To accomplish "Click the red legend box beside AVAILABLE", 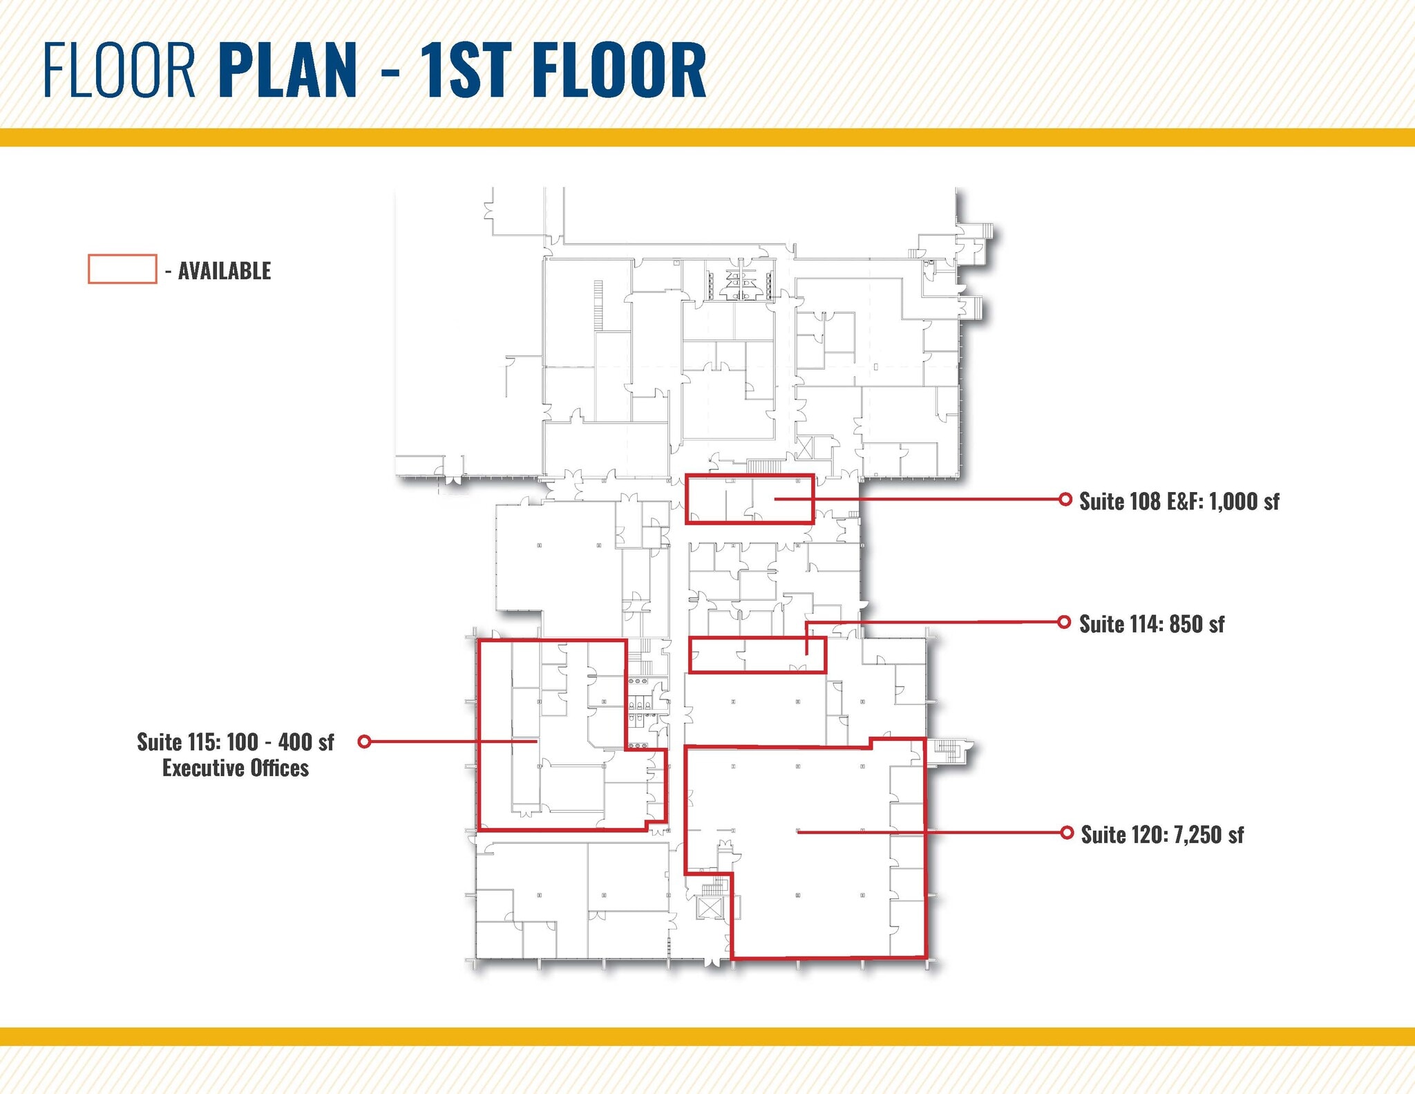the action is (122, 269).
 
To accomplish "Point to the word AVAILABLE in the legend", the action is (225, 271).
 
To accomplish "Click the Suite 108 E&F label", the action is (1141, 501).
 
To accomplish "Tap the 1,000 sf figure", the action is (1244, 501).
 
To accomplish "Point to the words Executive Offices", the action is (236, 768).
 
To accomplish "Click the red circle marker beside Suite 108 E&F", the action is (1065, 499).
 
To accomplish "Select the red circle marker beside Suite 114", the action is (1065, 622).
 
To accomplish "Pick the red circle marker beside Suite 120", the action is (1067, 832).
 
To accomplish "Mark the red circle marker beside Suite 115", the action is (365, 742).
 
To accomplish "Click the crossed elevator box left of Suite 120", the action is (710, 907).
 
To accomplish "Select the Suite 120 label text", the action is (1124, 835).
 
